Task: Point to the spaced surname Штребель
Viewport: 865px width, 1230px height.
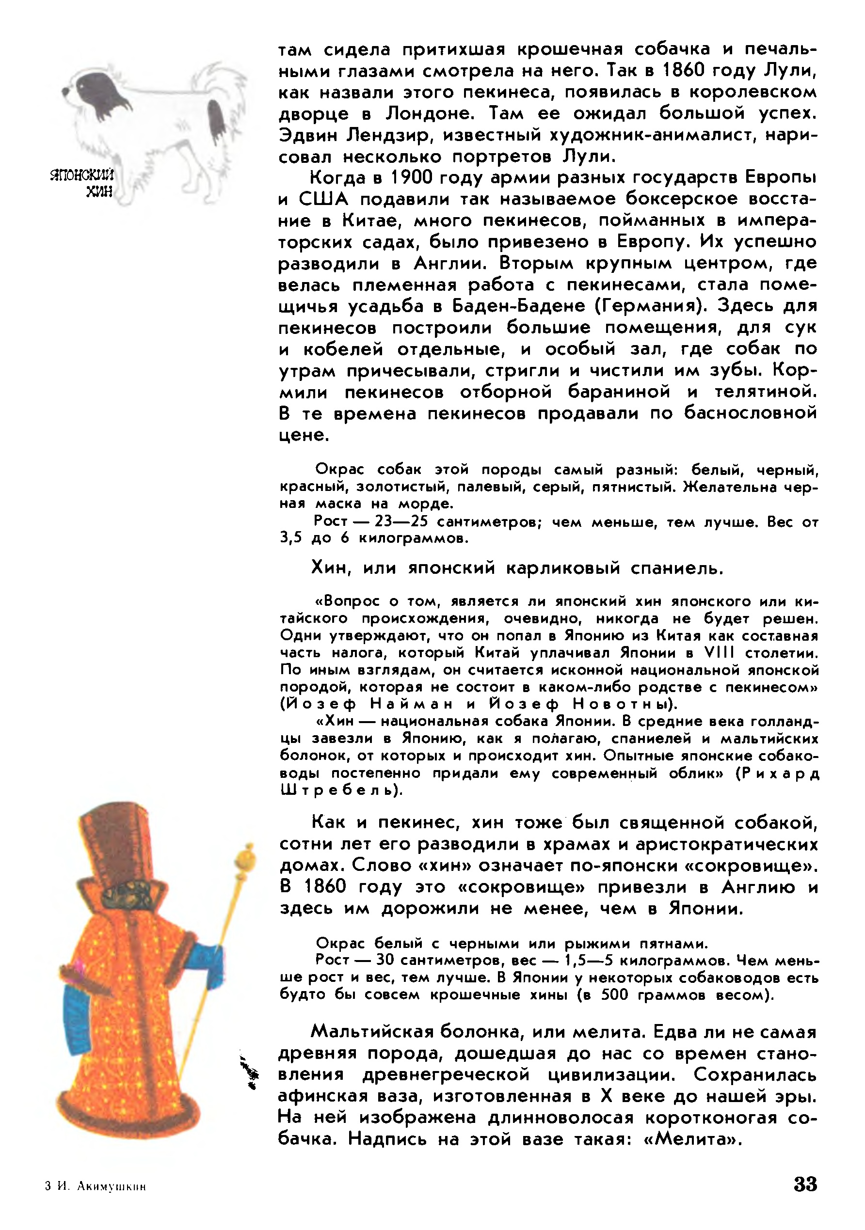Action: (341, 790)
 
